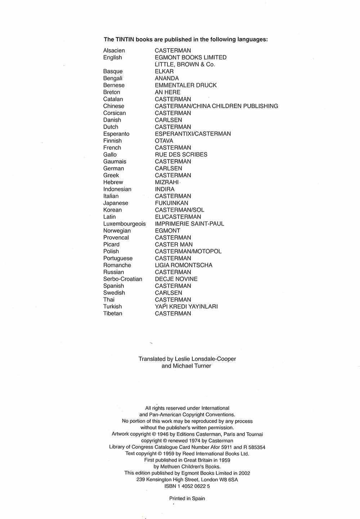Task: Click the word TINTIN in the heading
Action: pos(125,40)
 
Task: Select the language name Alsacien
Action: pos(114,51)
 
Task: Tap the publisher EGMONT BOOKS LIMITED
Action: pos(190,58)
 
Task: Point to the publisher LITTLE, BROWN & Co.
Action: pos(185,64)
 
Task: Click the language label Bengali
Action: pos(113,79)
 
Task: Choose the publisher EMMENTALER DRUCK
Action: pos(186,85)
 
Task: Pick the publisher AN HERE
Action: pos(167,92)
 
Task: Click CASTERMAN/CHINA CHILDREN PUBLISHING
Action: pos(216,106)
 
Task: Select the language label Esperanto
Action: pos(116,134)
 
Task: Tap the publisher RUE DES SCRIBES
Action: pos(181,155)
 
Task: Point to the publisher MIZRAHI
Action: pos(167,182)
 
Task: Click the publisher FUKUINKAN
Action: pos(171,203)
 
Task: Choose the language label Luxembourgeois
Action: pos(125,224)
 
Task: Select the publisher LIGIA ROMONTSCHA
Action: pos(184,265)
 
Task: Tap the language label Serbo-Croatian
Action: pos(123,279)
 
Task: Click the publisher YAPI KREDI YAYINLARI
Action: pos(186,307)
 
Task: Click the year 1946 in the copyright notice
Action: pos(163,434)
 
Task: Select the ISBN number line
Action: pos(187,486)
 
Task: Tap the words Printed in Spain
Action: pos(187,499)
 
